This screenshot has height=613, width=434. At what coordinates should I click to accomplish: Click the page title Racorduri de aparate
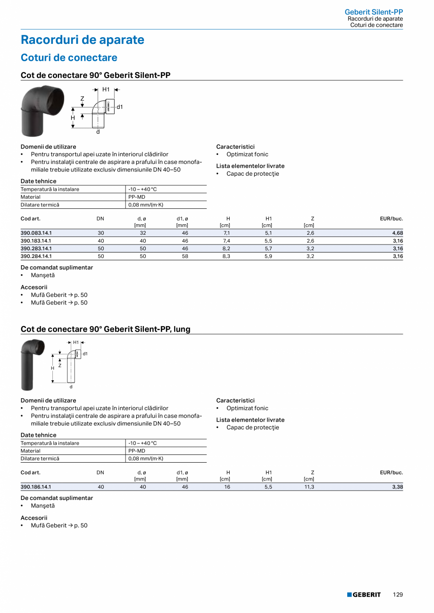83,40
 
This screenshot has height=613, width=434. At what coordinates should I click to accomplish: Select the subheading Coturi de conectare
69,57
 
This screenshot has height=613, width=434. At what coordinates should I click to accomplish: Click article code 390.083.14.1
36,233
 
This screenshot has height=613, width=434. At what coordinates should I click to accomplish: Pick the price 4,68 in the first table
397,233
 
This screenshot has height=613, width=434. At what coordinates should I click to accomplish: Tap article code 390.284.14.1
36,256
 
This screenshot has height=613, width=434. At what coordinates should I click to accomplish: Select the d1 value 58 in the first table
185,256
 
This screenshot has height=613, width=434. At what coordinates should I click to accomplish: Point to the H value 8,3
226,256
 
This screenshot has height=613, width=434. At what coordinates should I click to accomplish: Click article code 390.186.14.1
36,487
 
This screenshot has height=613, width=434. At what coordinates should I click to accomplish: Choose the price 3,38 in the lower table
397,487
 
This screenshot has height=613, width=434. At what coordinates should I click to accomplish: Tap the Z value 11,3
309,487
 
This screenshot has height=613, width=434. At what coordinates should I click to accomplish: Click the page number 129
398,595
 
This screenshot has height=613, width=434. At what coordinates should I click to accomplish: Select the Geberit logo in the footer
364,595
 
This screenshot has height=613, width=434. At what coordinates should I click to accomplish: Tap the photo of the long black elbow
32,364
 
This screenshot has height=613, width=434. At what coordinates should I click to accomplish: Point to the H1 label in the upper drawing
106,90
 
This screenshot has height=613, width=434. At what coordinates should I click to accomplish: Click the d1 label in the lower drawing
85,353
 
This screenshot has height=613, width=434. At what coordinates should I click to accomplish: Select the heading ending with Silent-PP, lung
106,329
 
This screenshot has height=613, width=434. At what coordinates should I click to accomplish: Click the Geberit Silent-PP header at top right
374,12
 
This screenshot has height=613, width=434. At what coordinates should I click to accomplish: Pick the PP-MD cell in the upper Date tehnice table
137,197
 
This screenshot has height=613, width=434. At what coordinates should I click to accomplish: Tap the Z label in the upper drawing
82,99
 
